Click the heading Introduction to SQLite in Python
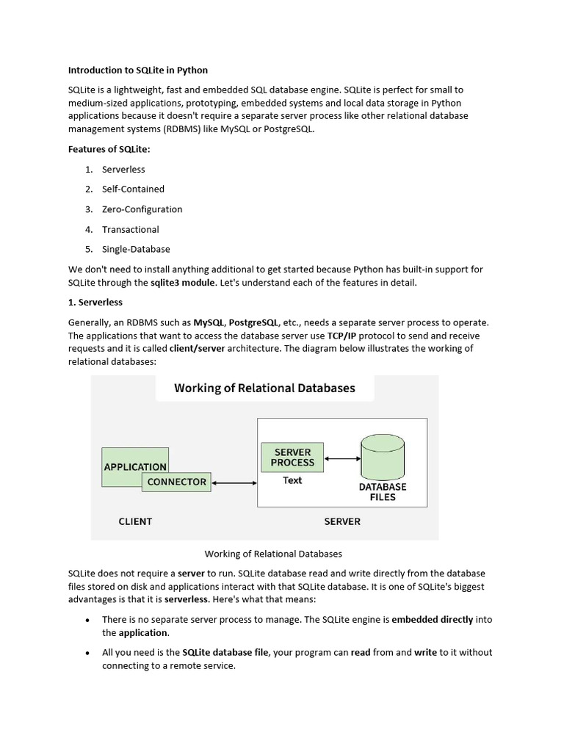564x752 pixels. click(138, 70)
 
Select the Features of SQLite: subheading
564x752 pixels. click(109, 149)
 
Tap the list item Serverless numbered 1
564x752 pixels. click(123, 170)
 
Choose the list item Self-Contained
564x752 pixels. click(133, 189)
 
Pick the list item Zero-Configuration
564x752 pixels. click(142, 209)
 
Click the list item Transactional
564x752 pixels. click(131, 229)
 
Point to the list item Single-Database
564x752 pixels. click(136, 249)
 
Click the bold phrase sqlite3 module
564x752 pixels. click(183, 283)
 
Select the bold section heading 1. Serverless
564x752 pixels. click(95, 303)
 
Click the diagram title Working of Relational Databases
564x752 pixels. click(264, 388)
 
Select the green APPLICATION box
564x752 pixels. click(135, 466)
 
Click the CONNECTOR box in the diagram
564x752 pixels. click(177, 482)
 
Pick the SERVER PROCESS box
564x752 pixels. click(292, 458)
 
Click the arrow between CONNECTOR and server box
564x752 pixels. click(234, 483)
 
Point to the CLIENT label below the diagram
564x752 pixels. click(135, 521)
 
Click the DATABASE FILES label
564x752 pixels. click(383, 492)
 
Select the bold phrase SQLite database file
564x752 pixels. click(226, 652)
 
